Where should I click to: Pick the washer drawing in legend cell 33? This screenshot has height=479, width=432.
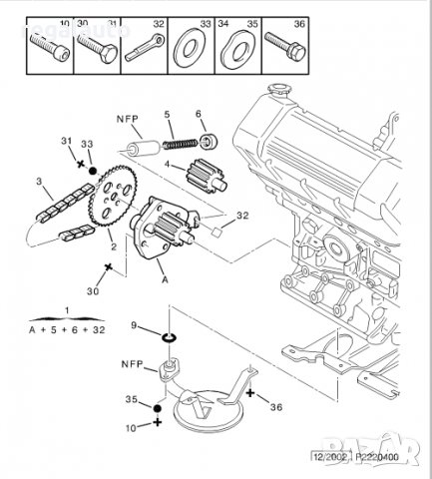pos(184,47)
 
